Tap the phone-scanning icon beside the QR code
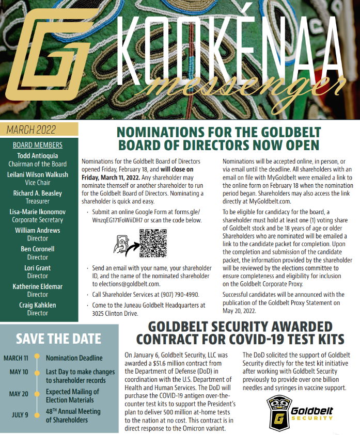pyautogui.click(x=124, y=244)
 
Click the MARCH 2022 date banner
pyautogui.click(x=32, y=129)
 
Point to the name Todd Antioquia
pyautogui.click(x=37, y=156)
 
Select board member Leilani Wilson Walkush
pyautogui.click(x=37, y=175)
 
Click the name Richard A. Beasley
pyautogui.click(x=37, y=194)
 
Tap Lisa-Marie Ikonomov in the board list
pyautogui.click(x=37, y=212)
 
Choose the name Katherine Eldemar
pyautogui.click(x=37, y=286)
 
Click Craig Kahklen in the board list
pyautogui.click(x=37, y=305)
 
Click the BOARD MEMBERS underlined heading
pyautogui.click(x=37, y=145)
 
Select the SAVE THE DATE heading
pyautogui.click(x=58, y=339)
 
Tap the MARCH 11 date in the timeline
pyautogui.click(x=16, y=358)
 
